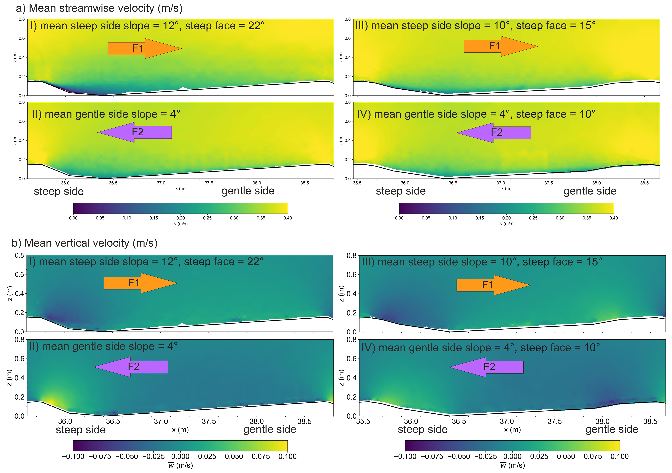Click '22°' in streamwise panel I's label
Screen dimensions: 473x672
pos(256,26)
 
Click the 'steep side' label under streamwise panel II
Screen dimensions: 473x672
pos(59,192)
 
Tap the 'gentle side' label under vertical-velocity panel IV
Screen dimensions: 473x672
pos(612,429)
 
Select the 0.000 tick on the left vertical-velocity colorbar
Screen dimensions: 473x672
pos(180,457)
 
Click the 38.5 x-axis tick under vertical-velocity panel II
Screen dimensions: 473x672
pos(304,422)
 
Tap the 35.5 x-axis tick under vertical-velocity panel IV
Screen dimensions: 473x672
pos(363,422)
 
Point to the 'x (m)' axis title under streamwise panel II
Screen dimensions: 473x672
pos(181,189)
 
